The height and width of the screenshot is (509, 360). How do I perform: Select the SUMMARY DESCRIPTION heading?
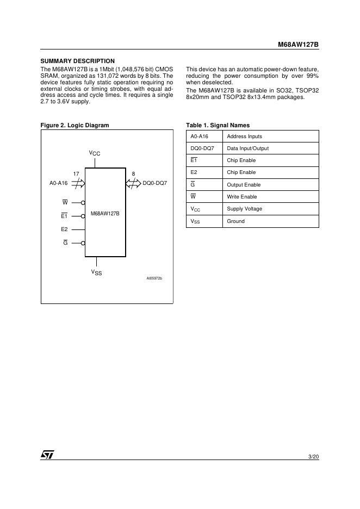[78, 61]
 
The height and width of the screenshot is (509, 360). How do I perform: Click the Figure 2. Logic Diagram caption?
[75, 125]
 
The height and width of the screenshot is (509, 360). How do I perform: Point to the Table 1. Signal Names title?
[218, 125]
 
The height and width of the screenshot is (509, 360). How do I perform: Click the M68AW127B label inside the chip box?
[105, 214]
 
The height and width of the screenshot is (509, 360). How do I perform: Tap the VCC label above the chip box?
[95, 154]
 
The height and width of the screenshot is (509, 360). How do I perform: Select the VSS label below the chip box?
[96, 272]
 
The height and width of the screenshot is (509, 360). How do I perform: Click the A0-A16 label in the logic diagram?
[58, 183]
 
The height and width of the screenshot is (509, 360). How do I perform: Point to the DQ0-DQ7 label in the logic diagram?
[154, 183]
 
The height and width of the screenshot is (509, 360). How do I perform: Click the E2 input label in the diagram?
[64, 229]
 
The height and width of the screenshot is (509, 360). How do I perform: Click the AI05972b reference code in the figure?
[154, 278]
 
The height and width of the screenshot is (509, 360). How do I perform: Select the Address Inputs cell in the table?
[244, 136]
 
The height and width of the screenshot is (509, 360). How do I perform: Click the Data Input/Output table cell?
[247, 148]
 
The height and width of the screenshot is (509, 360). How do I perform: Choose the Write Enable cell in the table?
[241, 197]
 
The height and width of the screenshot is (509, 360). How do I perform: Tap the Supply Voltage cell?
[244, 209]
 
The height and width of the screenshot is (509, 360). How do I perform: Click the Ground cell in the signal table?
[235, 221]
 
